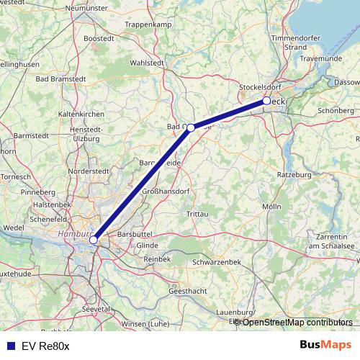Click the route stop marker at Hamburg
coord(94,240)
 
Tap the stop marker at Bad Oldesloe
coord(191,127)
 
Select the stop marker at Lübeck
coord(266,101)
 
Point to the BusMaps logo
coord(327,346)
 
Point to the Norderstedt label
coord(89,173)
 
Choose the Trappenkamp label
coord(146,24)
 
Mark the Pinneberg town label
coord(39,193)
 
